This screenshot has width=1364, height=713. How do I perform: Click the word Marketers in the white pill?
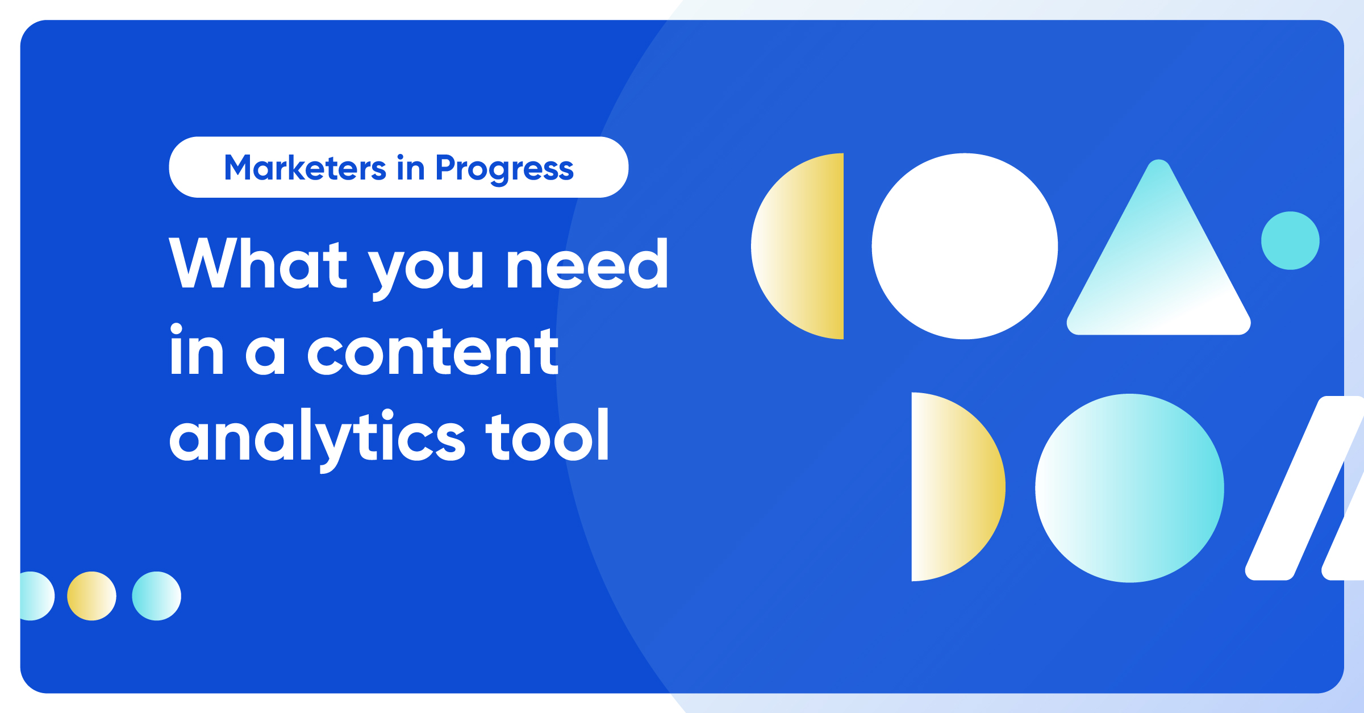tap(305, 168)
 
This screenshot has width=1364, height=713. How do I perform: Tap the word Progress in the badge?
tap(504, 169)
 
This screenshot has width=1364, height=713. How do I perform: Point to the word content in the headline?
tap(433, 353)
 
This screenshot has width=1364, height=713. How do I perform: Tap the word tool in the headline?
tap(547, 436)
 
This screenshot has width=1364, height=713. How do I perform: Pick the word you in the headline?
tap(426, 270)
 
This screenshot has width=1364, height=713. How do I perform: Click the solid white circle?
tap(965, 246)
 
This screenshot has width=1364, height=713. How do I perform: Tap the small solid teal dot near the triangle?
tap(1290, 240)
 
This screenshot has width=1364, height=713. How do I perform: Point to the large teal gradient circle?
tap(1129, 488)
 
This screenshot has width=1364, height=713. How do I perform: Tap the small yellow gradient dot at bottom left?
tap(91, 596)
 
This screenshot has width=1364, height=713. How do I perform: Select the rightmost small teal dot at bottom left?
tap(156, 596)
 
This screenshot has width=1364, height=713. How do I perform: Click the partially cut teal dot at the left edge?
tap(35, 596)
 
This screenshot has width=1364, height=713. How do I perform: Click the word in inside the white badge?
tap(411, 168)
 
